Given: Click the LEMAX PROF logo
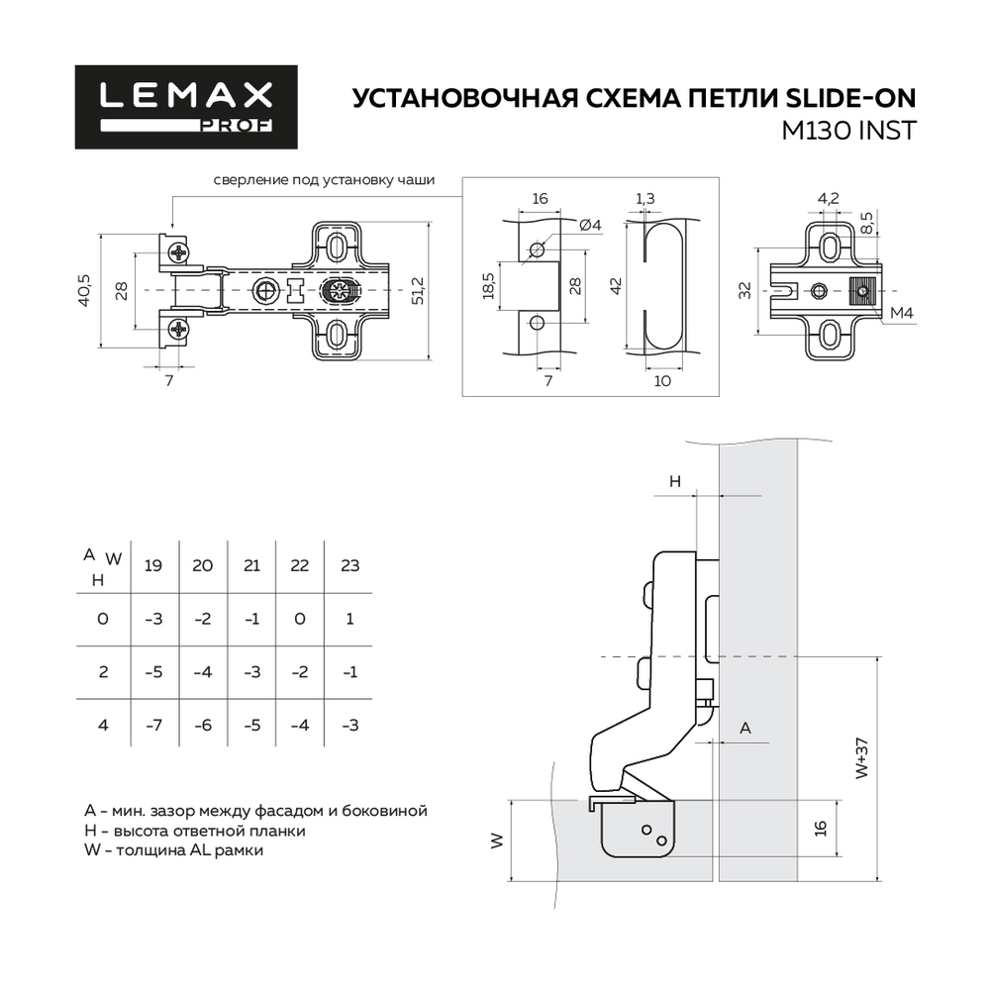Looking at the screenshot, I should tap(186, 107).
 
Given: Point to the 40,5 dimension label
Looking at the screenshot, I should tap(86, 290).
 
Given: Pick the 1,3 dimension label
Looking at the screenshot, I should tap(644, 199).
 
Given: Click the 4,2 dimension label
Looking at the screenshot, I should tap(829, 199).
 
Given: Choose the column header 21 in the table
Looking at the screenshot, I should tap(251, 566).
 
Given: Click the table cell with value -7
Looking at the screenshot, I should tap(153, 726).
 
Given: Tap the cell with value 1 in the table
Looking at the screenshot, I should tap(348, 620).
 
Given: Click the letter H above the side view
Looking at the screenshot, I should tap(674, 481).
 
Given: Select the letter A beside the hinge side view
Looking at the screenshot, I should tap(745, 728).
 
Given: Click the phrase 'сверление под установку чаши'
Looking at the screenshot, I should tap(323, 180).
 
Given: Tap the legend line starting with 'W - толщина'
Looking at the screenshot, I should tap(175, 849).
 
